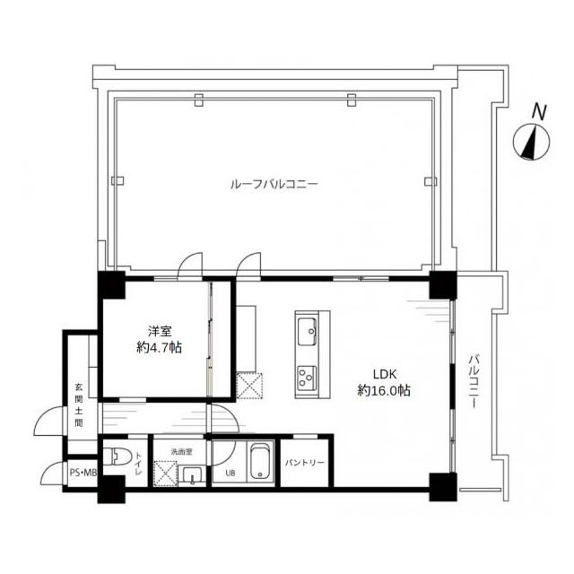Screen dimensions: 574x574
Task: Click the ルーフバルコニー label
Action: click(x=274, y=184)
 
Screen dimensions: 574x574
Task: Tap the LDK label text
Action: click(x=385, y=374)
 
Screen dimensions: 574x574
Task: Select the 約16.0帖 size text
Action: click(x=384, y=391)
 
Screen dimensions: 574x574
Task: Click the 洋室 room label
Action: click(x=160, y=331)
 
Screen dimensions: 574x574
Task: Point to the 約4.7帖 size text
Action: click(x=160, y=347)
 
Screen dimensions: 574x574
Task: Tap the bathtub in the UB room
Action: click(x=260, y=462)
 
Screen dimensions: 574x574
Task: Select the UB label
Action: click(x=230, y=474)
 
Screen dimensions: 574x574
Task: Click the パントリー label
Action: click(x=305, y=463)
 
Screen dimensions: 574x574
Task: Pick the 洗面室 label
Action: click(x=181, y=452)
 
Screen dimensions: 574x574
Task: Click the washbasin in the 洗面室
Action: click(x=192, y=476)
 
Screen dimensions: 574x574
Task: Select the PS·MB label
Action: click(x=83, y=473)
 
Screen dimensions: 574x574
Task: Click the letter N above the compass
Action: click(x=539, y=112)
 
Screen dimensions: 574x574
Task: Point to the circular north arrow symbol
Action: click(x=532, y=142)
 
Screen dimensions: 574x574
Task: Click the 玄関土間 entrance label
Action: click(x=79, y=405)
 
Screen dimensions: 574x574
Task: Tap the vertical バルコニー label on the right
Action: click(x=474, y=380)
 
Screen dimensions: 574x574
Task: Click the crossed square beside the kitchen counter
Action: click(x=249, y=386)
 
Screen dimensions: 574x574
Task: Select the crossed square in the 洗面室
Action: click(x=165, y=474)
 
